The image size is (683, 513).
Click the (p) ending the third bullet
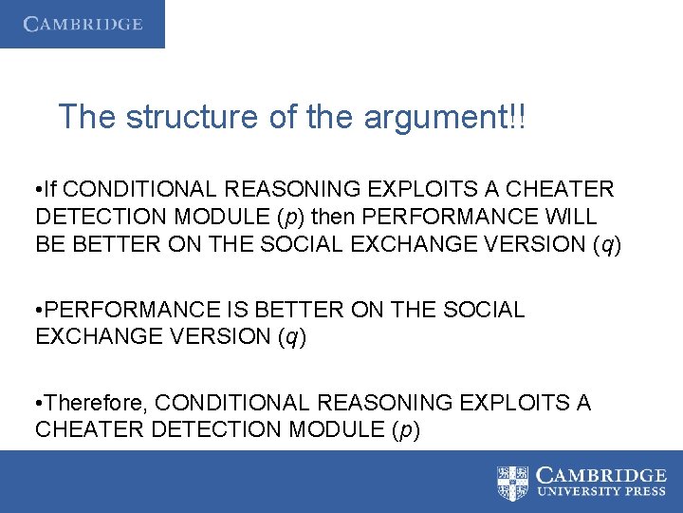click(405, 429)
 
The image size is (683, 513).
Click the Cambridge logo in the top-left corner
click(83, 24)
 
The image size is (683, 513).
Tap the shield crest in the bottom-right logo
click(513, 483)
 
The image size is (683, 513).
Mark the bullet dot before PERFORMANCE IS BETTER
click(39, 310)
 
